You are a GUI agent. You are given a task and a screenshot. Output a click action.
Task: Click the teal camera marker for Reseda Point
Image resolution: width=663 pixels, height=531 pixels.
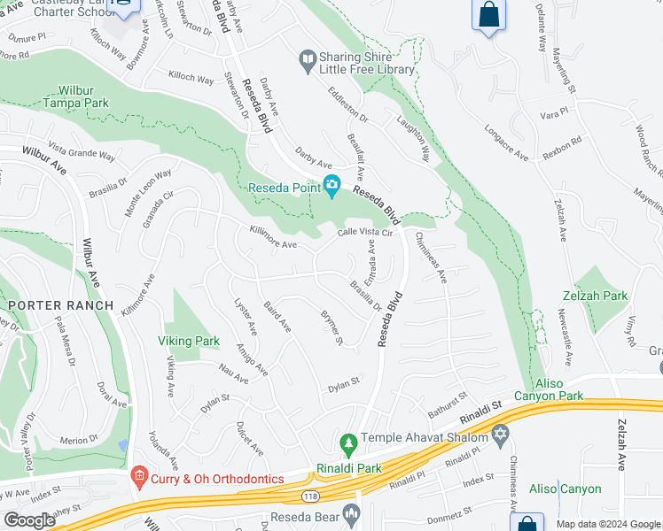pos(332,185)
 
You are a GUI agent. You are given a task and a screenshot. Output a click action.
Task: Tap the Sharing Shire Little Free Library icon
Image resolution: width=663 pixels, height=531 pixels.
pos(308,61)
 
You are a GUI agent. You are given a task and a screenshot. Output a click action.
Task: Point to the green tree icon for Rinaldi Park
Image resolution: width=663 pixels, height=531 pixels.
pos(348,442)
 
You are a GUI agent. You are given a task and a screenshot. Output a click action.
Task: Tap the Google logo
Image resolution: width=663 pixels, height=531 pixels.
pos(29,520)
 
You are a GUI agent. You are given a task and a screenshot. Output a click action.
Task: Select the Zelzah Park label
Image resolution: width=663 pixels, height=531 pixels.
pos(594,296)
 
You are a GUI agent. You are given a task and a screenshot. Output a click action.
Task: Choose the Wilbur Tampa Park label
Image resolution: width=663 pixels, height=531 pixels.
pos(72,96)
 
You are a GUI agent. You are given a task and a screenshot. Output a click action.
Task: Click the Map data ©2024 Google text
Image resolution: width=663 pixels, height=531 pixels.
pos(607,523)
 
